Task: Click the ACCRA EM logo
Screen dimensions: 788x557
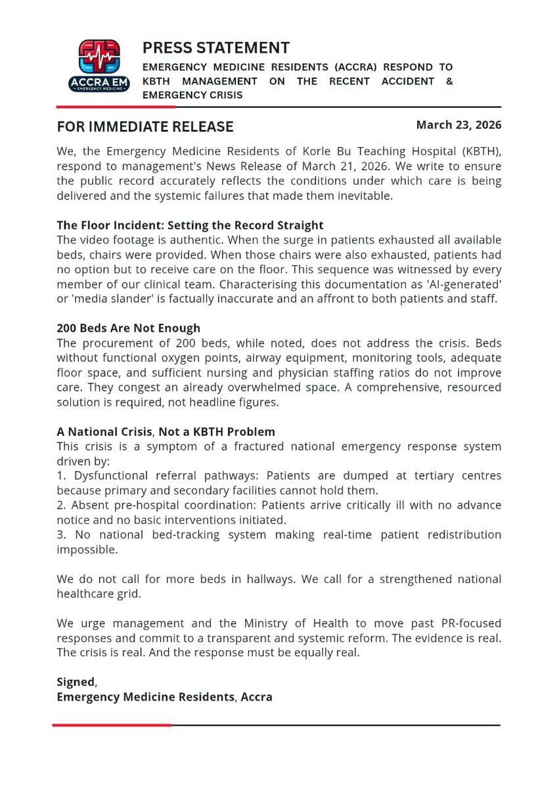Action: click(x=99, y=65)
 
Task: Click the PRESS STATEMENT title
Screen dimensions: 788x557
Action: click(x=215, y=48)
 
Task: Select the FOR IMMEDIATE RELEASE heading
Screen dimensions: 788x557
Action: click(x=145, y=126)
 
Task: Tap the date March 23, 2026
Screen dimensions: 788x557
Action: click(x=458, y=125)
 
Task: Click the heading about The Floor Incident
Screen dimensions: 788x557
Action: click(x=190, y=225)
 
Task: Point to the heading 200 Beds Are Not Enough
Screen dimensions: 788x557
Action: click(x=128, y=328)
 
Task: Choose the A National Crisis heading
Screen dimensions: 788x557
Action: click(x=166, y=431)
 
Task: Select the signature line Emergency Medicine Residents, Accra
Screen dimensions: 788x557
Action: click(x=164, y=697)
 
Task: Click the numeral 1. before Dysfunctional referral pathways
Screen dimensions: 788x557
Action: click(x=61, y=475)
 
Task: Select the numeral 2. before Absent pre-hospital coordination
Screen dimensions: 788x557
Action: click(x=61, y=505)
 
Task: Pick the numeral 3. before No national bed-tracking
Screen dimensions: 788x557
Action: click(x=61, y=535)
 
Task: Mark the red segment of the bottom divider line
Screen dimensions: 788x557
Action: click(x=112, y=725)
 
